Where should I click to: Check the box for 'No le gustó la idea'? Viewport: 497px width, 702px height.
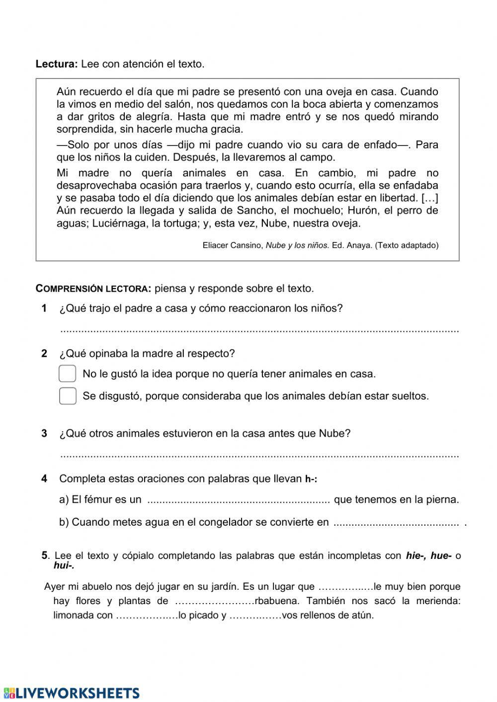point(68,374)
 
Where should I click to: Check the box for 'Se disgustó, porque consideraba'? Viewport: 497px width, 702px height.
point(68,396)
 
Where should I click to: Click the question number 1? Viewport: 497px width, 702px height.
point(44,309)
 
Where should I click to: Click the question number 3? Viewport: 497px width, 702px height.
point(44,433)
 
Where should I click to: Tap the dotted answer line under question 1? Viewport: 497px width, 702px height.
point(258,330)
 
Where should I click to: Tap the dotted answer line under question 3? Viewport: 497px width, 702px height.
point(258,455)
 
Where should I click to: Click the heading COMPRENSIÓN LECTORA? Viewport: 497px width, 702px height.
point(93,289)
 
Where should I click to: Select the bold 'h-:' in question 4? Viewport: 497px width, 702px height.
point(311,479)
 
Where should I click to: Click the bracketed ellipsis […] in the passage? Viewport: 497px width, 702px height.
point(430,198)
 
